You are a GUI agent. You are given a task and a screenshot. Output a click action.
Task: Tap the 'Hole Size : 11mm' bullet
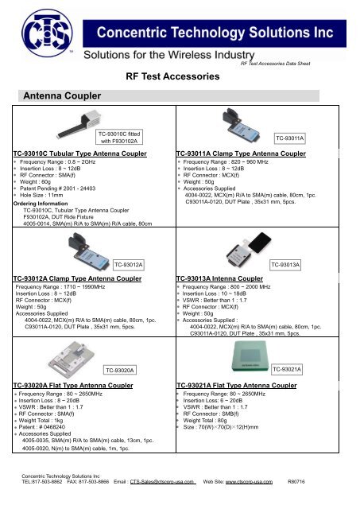pyautogui.click(x=45, y=196)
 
